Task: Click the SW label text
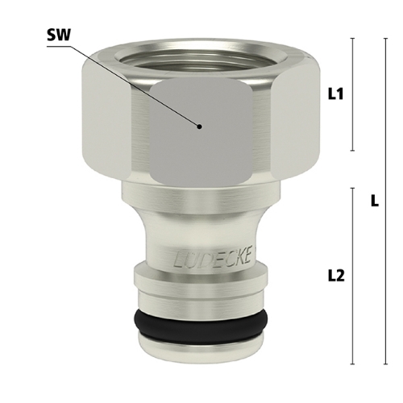pos(59,35)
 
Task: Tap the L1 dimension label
pos(336,94)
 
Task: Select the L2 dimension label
pos(336,276)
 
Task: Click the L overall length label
pos(375,201)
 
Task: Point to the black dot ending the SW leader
pos(199,127)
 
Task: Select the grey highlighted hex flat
pos(201,131)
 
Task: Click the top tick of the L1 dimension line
pos(353,39)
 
